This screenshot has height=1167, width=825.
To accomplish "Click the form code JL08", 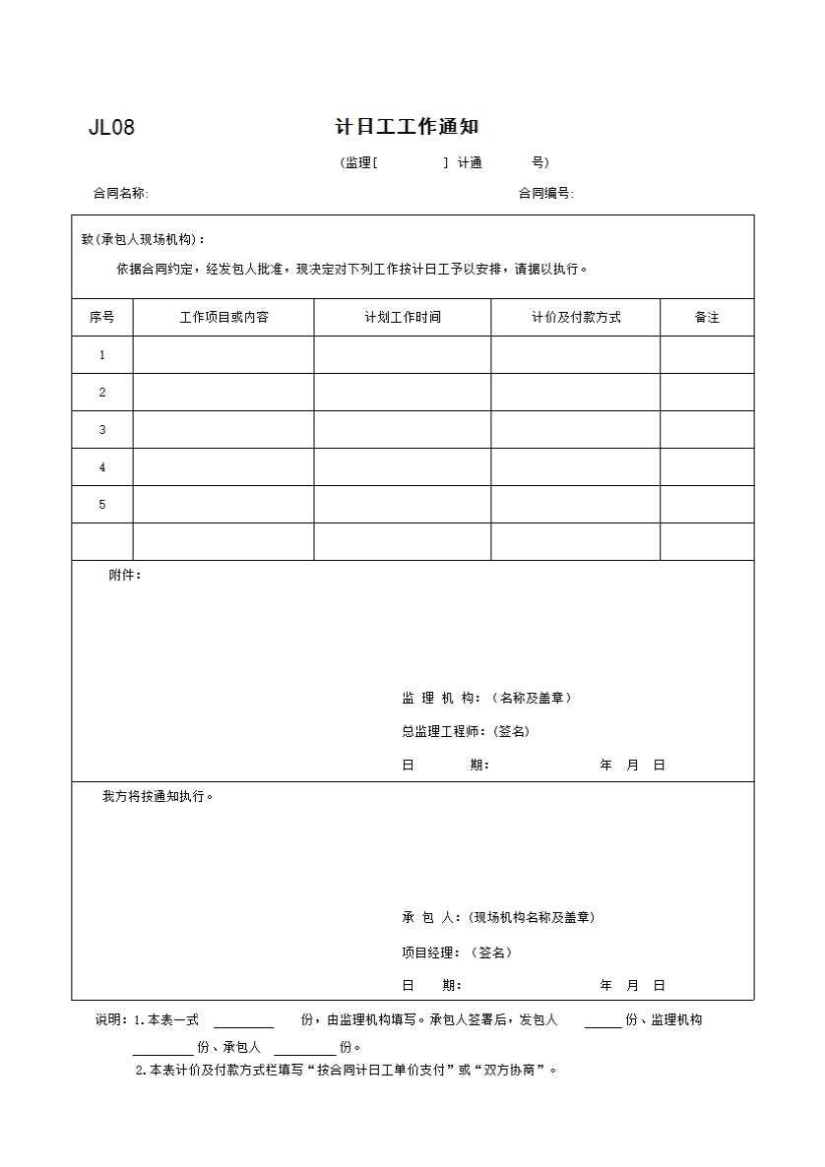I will [x=111, y=128].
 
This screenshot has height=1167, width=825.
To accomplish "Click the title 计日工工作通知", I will [x=407, y=127].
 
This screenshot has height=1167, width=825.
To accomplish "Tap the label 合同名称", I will [x=120, y=194].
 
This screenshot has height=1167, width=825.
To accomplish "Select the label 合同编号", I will [x=545, y=194].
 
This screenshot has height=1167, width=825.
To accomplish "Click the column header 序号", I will [x=101, y=318].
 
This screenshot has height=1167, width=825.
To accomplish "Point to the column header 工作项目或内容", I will [x=223, y=318].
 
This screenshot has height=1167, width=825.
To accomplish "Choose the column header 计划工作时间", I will [x=403, y=318].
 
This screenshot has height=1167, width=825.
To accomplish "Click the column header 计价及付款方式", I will [x=576, y=318].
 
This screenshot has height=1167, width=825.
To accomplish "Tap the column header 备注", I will [x=707, y=318].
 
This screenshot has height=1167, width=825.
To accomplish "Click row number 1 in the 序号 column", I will [x=101, y=355].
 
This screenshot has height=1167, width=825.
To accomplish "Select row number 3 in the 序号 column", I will [x=101, y=430].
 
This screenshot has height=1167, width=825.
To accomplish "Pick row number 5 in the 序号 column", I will [x=101, y=505].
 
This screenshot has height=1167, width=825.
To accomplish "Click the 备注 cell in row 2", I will [x=707, y=393].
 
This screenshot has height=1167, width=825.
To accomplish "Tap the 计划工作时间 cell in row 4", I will [x=403, y=467].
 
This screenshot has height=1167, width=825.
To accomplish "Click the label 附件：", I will [x=125, y=576].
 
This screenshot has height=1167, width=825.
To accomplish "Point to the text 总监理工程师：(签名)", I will [x=466, y=731].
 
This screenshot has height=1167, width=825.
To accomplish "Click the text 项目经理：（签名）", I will [x=457, y=952].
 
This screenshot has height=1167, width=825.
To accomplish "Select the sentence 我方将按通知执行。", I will [x=158, y=796].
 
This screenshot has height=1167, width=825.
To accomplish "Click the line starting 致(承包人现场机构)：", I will [x=144, y=239].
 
